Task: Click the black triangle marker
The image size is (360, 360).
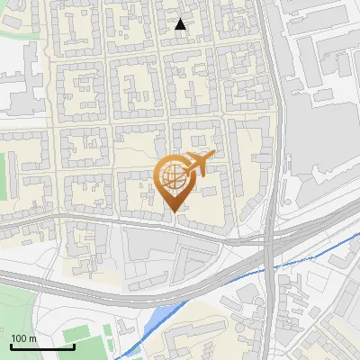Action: point(181,24)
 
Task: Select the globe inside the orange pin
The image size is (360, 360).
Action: point(174,175)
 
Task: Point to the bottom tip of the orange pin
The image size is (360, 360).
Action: point(174,212)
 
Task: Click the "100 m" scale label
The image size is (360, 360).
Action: point(23,338)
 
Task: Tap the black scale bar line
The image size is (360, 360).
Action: point(42,346)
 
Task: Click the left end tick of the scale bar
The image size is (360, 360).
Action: point(12,345)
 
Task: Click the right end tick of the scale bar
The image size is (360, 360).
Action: point(74,345)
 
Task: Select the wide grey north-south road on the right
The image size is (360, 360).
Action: point(272,135)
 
